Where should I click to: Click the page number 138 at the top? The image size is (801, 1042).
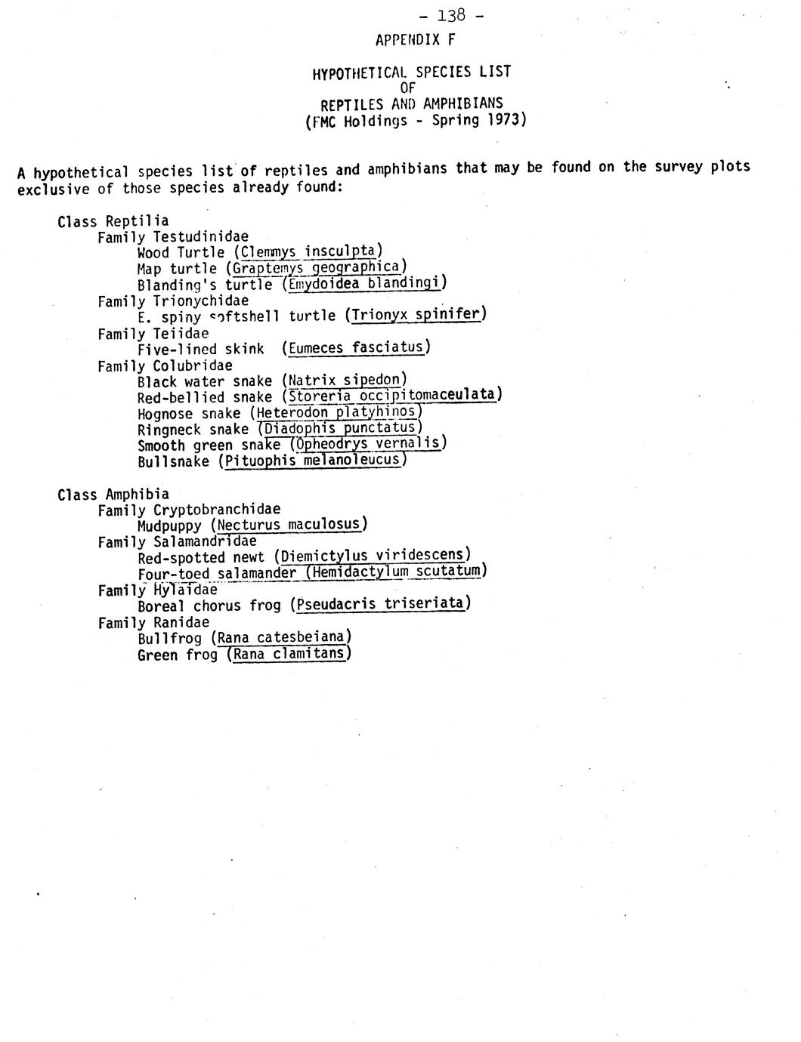tap(451, 15)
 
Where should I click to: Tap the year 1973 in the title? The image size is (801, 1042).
tap(504, 120)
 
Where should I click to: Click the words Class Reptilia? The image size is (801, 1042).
tap(113, 221)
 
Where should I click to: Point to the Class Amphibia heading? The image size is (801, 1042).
tap(113, 495)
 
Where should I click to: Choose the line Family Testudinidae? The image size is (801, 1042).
tap(173, 237)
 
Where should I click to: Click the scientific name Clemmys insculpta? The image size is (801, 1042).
tap(308, 251)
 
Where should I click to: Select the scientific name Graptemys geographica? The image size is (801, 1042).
tap(316, 267)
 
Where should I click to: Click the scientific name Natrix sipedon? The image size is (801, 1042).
tap(344, 381)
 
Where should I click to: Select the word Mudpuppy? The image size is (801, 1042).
tap(169, 526)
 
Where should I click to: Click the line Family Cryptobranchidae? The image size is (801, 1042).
tap(189, 510)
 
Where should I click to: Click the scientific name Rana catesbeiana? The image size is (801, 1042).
tap(281, 638)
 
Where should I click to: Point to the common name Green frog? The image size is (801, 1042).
tap(178, 655)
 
